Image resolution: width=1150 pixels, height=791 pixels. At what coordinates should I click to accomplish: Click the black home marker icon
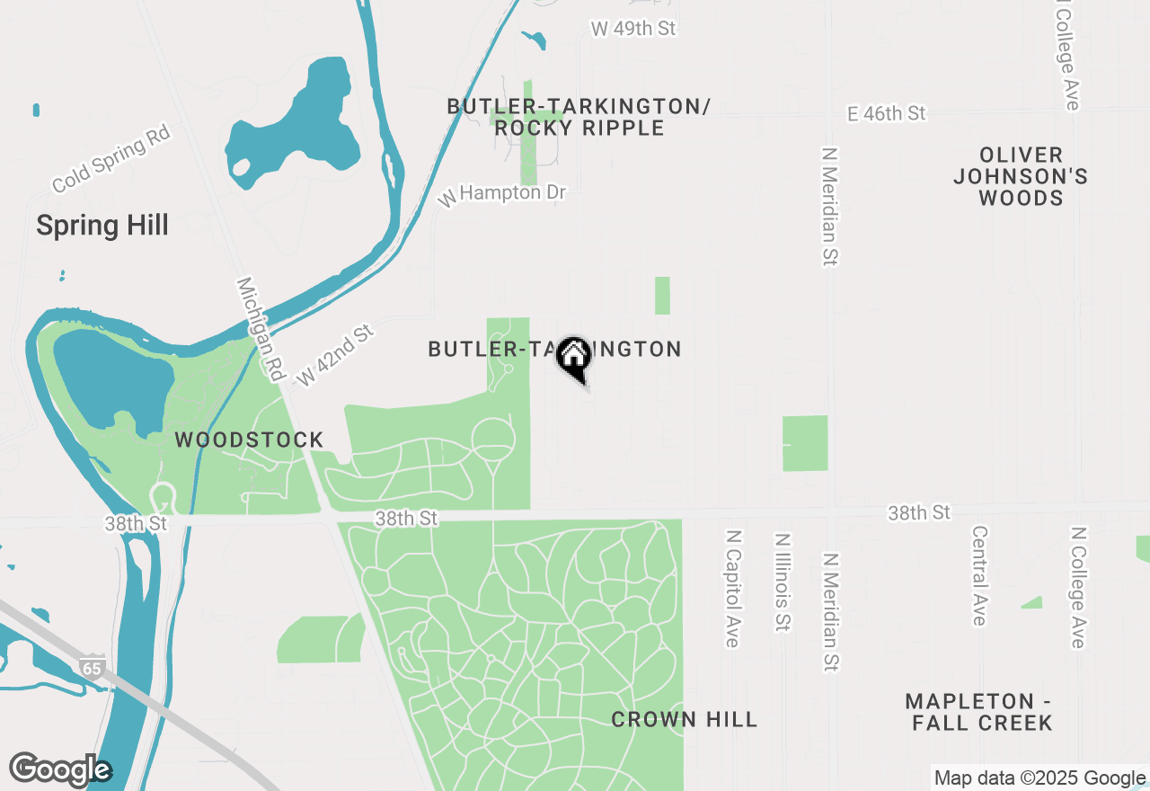tap(573, 356)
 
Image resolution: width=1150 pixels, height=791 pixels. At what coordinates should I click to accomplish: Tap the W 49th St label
tap(632, 29)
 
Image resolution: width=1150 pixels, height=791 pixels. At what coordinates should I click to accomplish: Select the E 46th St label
tap(886, 113)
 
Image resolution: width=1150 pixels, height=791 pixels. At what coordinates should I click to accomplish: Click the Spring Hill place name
tap(102, 225)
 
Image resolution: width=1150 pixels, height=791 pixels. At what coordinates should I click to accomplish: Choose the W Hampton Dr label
tap(502, 193)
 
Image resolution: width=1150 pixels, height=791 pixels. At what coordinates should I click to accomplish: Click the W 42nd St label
tap(334, 356)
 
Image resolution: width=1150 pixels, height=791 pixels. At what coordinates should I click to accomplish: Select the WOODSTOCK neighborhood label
tap(249, 440)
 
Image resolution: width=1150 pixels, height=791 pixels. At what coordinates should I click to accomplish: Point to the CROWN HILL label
tap(685, 719)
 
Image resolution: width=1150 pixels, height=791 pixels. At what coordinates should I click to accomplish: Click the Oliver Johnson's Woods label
tap(1021, 176)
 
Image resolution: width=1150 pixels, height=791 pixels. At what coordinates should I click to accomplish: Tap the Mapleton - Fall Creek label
tap(979, 711)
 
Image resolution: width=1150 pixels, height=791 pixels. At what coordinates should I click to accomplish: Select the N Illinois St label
tap(783, 582)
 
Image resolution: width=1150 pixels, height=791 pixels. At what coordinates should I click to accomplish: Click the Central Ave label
tap(979, 575)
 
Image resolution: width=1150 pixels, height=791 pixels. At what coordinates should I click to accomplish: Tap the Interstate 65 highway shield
tap(92, 667)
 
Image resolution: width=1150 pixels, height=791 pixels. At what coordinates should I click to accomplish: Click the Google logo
tap(60, 770)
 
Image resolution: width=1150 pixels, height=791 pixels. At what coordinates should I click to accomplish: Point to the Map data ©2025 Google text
tap(1039, 778)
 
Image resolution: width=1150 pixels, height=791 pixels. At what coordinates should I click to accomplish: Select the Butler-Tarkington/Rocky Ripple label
tap(579, 117)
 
